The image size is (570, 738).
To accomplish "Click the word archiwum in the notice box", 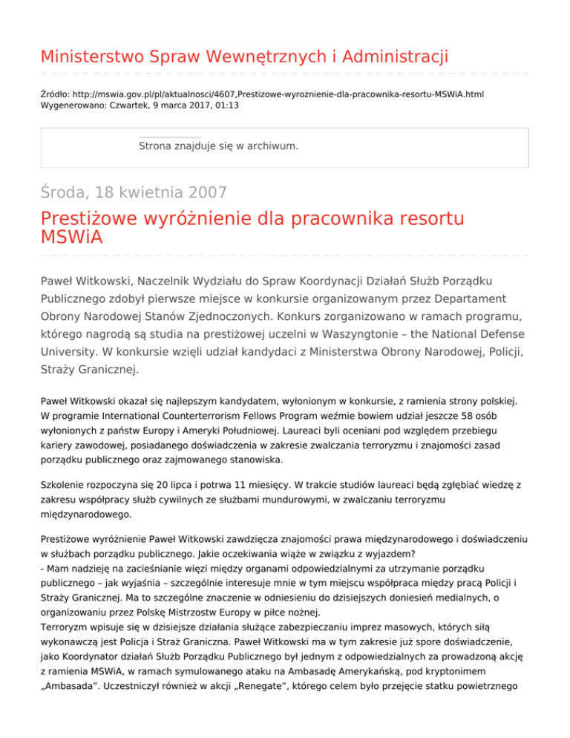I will pos(271,146).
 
